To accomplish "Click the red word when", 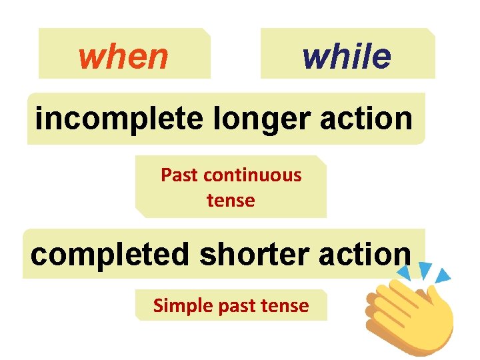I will pyautogui.click(x=123, y=57).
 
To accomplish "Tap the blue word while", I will pyautogui.click(x=346, y=56).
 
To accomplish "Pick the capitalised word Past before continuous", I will pyautogui.click(x=180, y=175).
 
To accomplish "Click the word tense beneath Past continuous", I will pyautogui.click(x=231, y=200).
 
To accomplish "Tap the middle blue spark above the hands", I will pyautogui.click(x=424, y=269).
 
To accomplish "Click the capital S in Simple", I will pyautogui.click(x=158, y=306).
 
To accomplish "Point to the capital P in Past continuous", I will pyautogui.click(x=165, y=175).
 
